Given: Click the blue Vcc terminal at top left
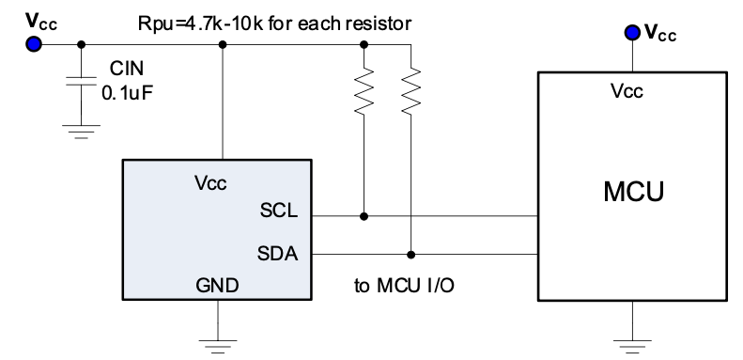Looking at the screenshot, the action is [x=34, y=44].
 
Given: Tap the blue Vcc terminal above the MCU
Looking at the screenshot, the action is [x=632, y=33].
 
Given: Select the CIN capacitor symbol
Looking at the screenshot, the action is [x=81, y=81].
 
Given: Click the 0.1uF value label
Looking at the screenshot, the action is [x=128, y=92].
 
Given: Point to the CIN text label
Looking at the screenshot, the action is [x=127, y=69].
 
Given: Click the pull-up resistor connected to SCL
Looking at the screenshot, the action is [x=364, y=90].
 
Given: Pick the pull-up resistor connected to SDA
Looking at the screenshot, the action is [x=410, y=90].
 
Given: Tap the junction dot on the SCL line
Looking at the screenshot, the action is [x=364, y=216].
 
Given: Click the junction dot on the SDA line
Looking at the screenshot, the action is [x=410, y=255].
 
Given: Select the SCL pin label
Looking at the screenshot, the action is [x=279, y=211].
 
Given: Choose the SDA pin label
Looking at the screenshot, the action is [x=278, y=253].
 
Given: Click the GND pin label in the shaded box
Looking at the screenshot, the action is [x=218, y=286].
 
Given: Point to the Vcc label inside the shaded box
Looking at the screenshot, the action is [x=210, y=182].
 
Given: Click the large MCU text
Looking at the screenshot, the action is [x=633, y=192].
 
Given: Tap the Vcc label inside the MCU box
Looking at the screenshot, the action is [x=627, y=90].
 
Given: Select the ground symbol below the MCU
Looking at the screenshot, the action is [x=632, y=346].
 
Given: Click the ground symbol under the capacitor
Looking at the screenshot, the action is [x=81, y=132].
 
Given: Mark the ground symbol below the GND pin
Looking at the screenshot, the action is [x=218, y=346].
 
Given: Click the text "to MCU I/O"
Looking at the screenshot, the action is [x=404, y=286].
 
